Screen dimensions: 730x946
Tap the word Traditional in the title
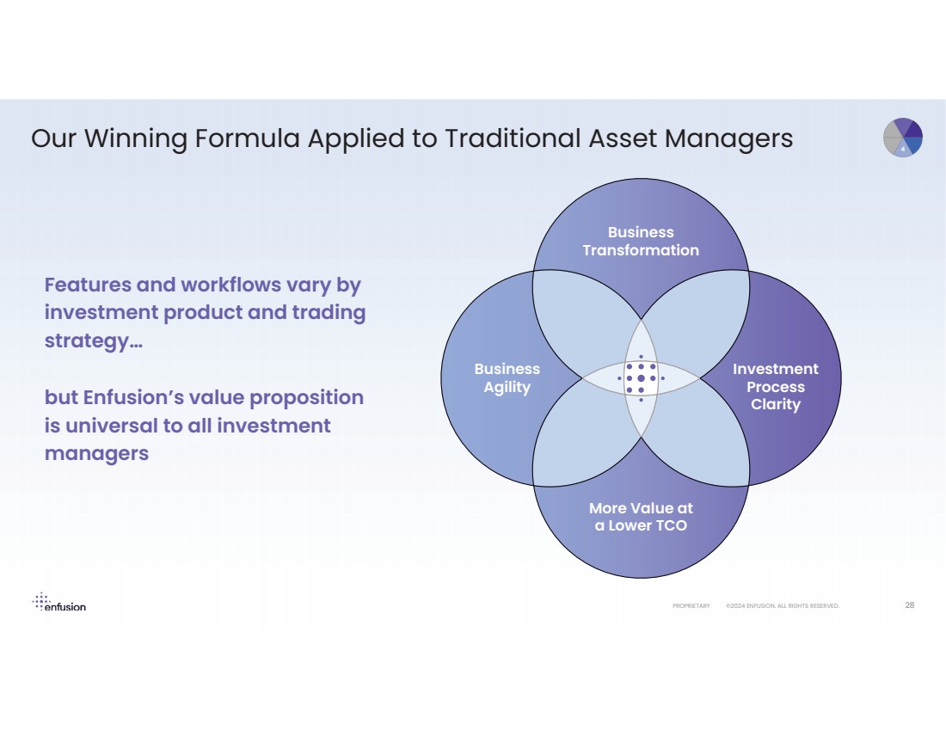[511, 138]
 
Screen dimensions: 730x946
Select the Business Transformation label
[641, 242]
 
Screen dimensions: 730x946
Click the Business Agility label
[507, 378]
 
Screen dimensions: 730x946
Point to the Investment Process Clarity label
[775, 387]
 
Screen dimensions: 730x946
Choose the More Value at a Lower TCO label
[641, 517]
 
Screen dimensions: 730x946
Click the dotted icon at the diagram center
[641, 378]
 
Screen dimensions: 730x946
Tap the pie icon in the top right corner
[902, 138]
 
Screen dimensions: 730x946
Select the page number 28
[909, 605]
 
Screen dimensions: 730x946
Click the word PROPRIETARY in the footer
[691, 606]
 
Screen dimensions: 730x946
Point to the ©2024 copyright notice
[782, 606]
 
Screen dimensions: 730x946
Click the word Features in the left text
[86, 285]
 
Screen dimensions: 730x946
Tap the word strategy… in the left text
[93, 340]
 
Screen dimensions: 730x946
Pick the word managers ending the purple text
[96, 453]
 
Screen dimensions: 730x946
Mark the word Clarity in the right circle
[775, 404]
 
